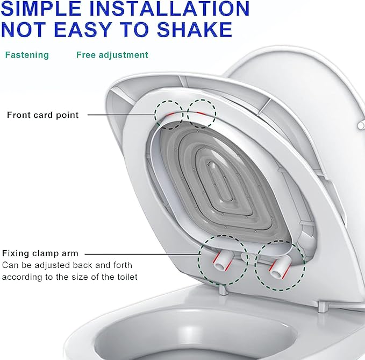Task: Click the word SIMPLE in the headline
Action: tap(41, 9)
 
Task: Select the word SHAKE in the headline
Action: tap(195, 30)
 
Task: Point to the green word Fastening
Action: tap(27, 55)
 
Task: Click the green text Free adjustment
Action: tap(112, 55)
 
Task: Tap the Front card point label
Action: tap(43, 115)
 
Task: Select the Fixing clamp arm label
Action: tap(40, 253)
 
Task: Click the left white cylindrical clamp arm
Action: tap(222, 262)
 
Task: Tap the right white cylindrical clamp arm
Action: tap(280, 268)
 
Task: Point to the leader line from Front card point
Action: tap(121, 115)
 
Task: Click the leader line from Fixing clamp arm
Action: tap(142, 254)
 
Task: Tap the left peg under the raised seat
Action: tap(223, 291)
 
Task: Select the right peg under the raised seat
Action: tap(321, 307)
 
